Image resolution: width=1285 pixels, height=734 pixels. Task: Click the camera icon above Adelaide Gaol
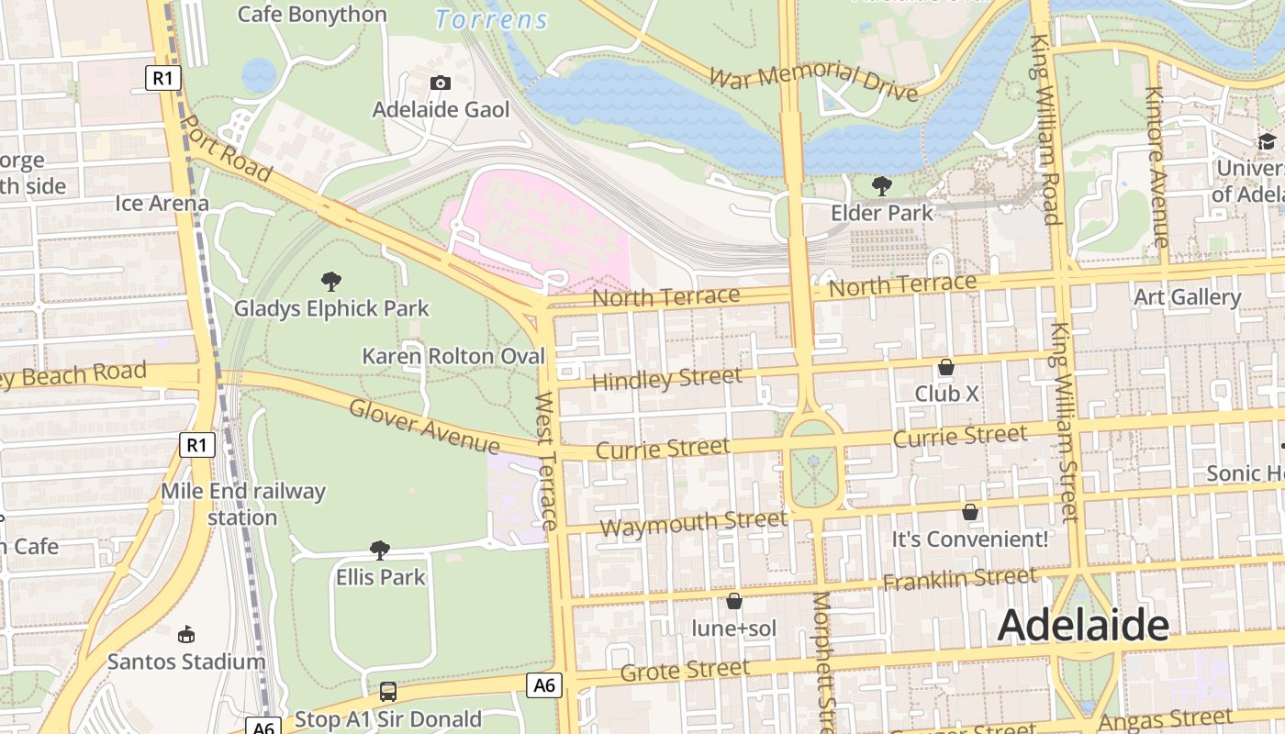(441, 83)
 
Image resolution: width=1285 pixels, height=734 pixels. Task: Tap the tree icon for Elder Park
(882, 186)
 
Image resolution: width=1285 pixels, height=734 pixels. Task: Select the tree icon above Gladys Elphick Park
(331, 281)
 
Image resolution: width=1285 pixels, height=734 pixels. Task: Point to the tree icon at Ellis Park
(380, 550)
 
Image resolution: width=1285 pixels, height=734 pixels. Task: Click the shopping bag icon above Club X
(946, 367)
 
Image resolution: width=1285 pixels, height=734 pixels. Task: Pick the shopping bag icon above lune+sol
(734, 601)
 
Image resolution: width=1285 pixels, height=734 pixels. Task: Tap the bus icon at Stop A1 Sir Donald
(388, 691)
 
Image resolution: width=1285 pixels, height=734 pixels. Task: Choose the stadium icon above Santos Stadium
(186, 634)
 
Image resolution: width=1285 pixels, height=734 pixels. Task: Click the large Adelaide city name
(1083, 626)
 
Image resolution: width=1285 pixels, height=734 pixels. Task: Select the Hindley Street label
(667, 378)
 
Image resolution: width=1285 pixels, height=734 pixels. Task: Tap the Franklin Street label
(959, 579)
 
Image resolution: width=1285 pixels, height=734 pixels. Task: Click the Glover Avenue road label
(424, 427)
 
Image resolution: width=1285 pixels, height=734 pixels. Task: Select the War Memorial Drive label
(813, 76)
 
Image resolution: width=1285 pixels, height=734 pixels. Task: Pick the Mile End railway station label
(242, 504)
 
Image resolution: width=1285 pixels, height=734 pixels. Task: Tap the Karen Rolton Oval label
(453, 356)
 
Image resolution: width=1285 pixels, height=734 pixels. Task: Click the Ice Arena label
(162, 203)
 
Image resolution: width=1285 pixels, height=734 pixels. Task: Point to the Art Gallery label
(1187, 297)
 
